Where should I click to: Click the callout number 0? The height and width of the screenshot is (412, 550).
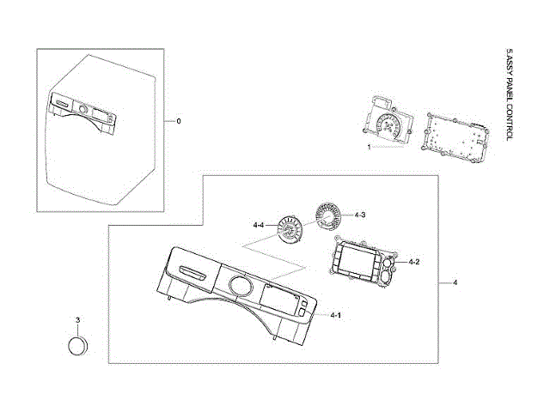pyautogui.click(x=178, y=121)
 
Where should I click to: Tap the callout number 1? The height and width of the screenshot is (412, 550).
pyautogui.click(x=370, y=147)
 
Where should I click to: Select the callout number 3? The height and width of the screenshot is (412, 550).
pyautogui.click(x=77, y=320)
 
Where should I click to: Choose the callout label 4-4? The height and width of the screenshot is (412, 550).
pyautogui.click(x=259, y=224)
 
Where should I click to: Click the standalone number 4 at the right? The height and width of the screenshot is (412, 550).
pyautogui.click(x=455, y=282)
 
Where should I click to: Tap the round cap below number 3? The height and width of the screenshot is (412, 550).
pyautogui.click(x=78, y=346)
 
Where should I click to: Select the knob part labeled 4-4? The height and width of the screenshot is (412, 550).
pyautogui.click(x=290, y=231)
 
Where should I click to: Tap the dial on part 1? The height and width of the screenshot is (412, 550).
pyautogui.click(x=389, y=128)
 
